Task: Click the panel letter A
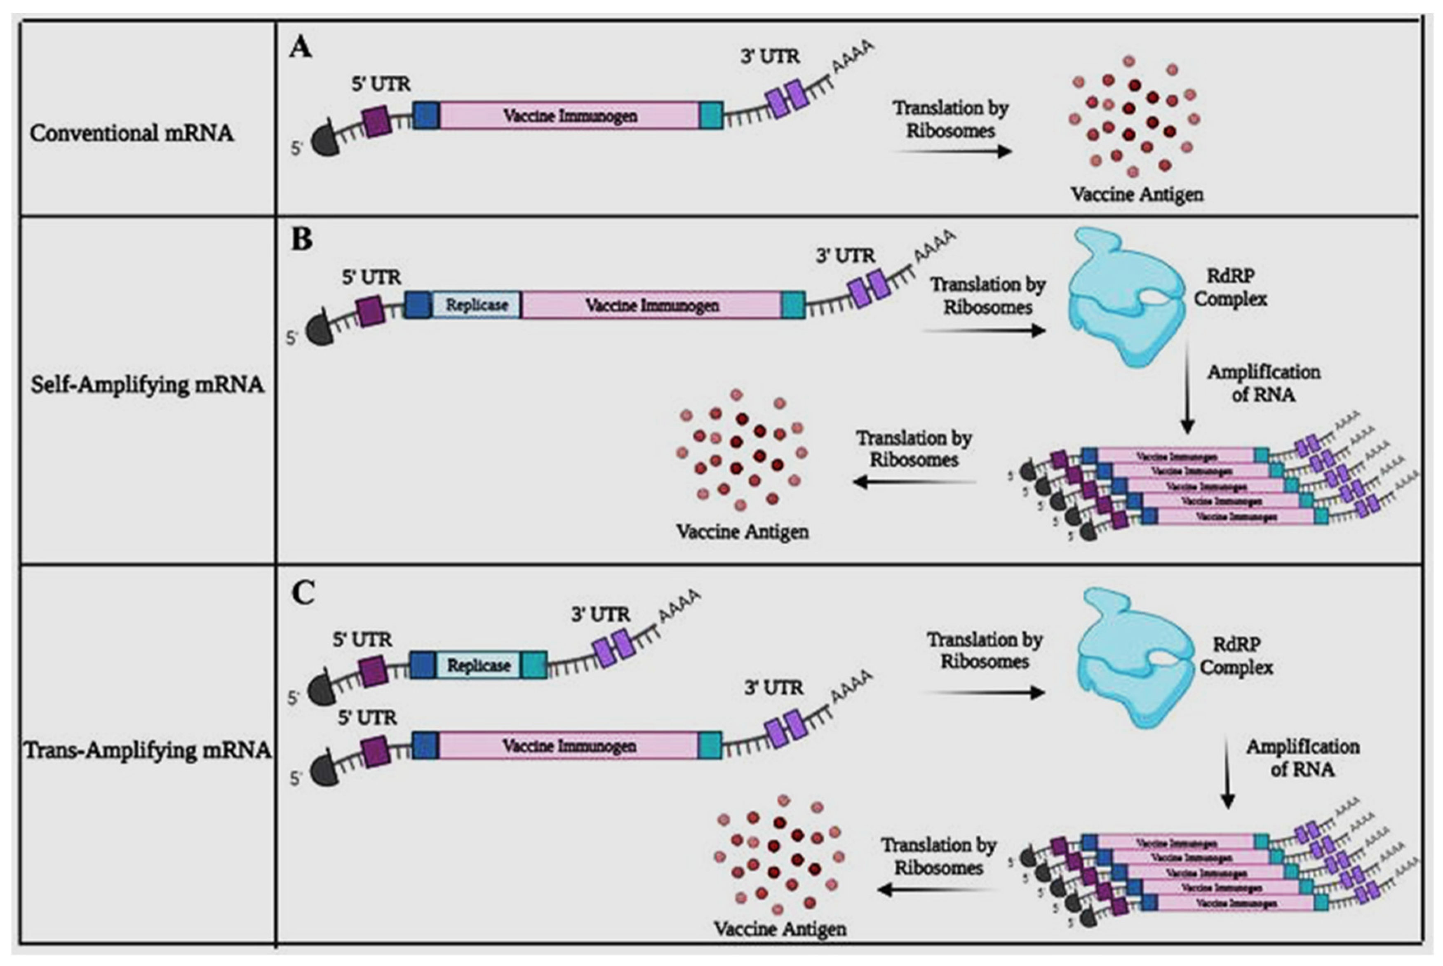point(301,47)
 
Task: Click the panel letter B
point(301,239)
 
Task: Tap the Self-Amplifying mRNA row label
point(147,385)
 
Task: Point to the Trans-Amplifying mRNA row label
point(148,750)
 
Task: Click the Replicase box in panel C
point(479,665)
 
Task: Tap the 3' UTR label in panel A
point(770,56)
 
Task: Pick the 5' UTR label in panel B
point(371,277)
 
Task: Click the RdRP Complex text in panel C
point(1236,656)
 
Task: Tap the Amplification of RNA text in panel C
point(1302,758)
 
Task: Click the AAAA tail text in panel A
point(853,56)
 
